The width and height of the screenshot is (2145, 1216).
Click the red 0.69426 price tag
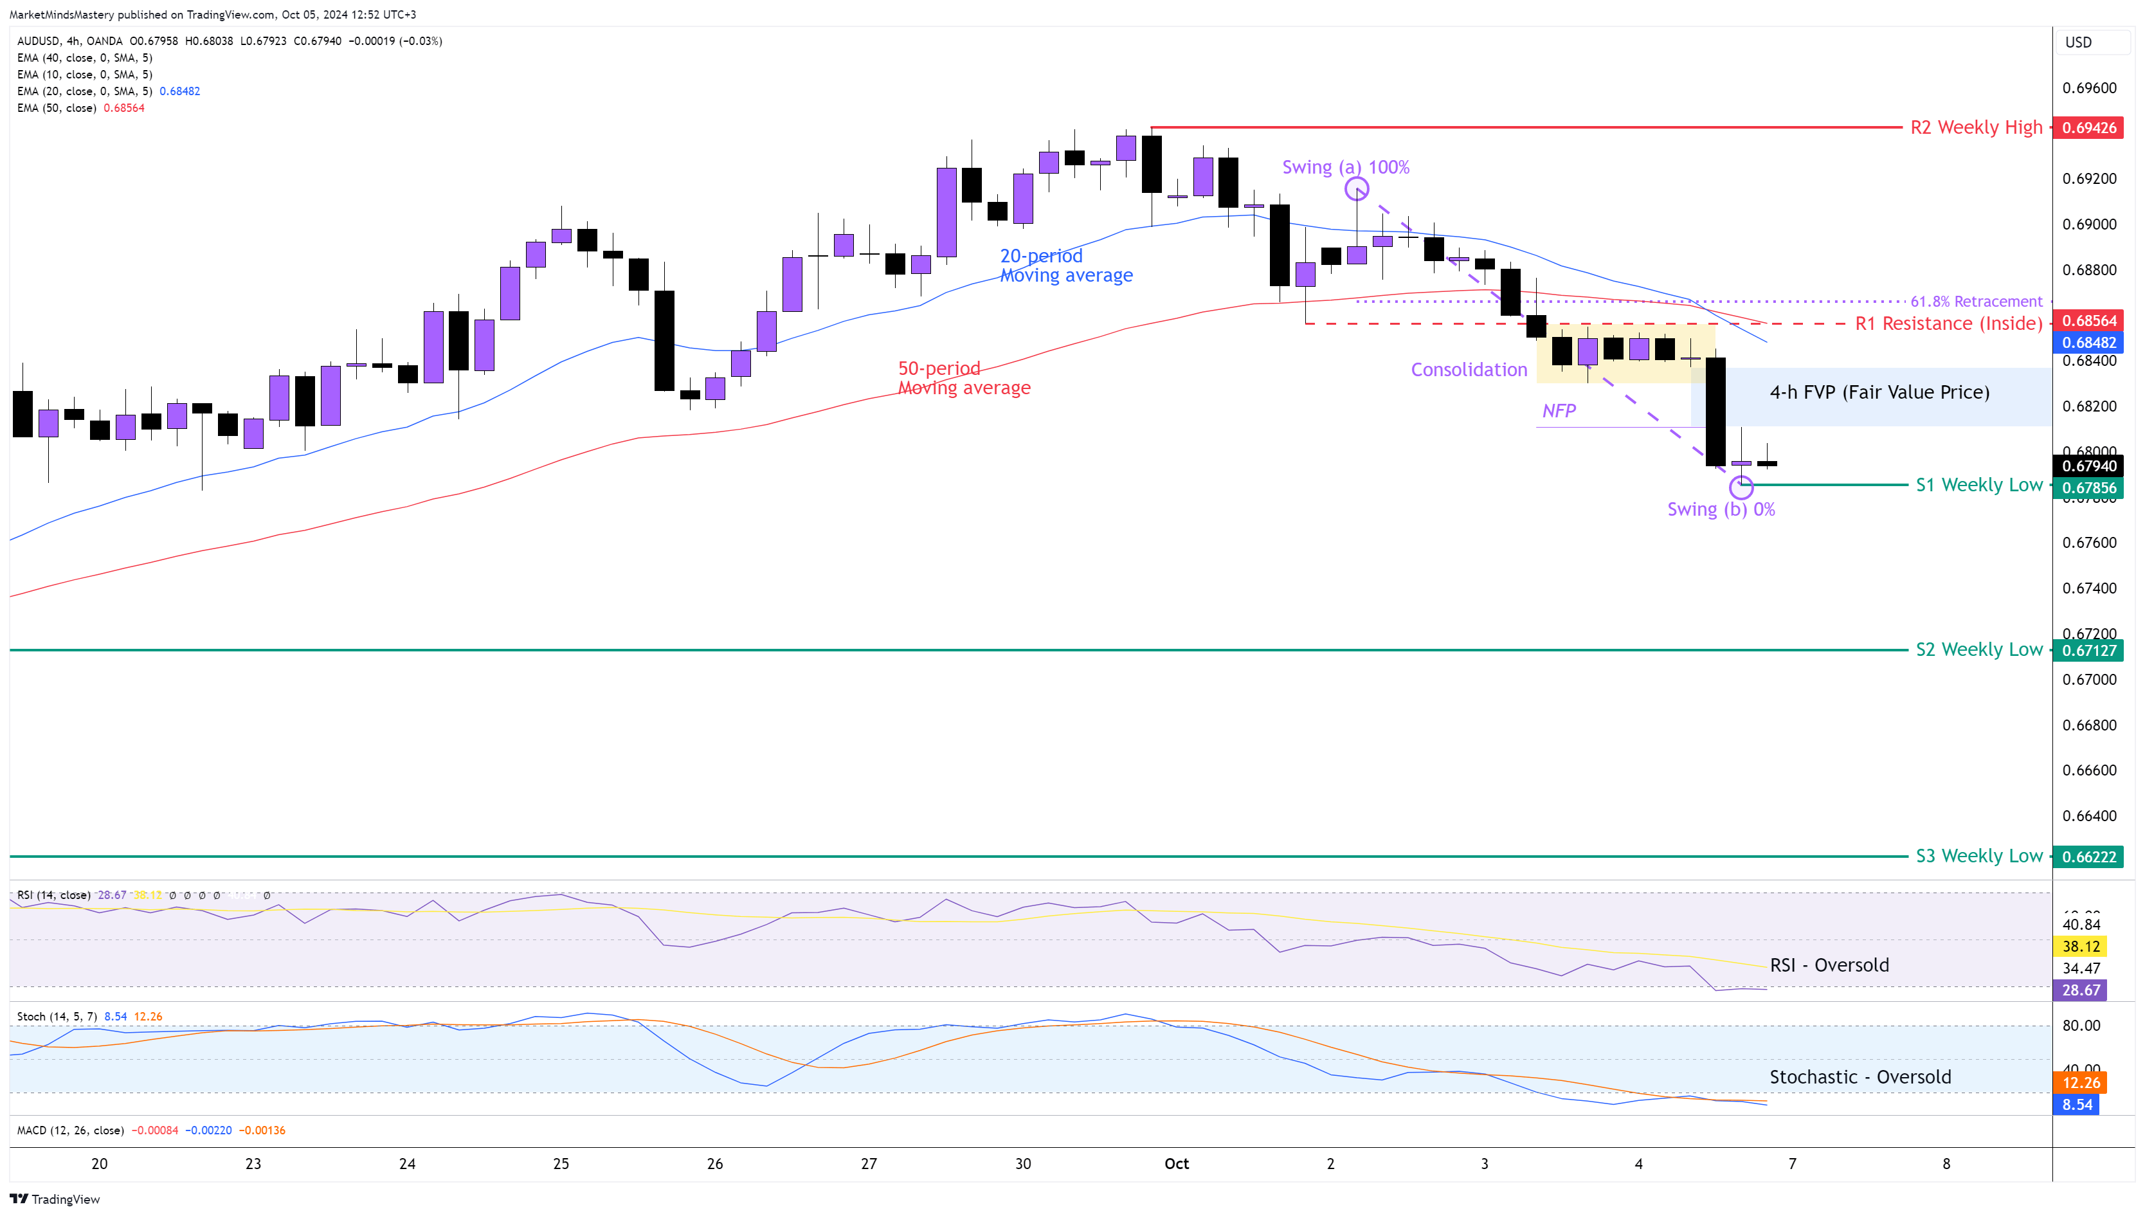(x=2088, y=128)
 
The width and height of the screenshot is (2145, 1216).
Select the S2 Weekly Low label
(x=1978, y=649)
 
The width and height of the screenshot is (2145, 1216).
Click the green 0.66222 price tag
(x=2088, y=857)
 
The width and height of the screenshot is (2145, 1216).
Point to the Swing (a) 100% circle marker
(x=1357, y=189)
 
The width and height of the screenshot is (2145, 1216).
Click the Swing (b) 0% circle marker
(x=1741, y=486)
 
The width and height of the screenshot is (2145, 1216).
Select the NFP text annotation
(x=1559, y=411)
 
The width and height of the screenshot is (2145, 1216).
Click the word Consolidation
(x=1469, y=370)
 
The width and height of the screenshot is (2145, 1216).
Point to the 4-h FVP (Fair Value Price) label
(x=1879, y=392)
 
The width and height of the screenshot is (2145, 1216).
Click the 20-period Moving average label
(x=1065, y=266)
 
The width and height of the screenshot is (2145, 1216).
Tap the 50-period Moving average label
(x=964, y=378)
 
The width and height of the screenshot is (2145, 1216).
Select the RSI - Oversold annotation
(x=1829, y=965)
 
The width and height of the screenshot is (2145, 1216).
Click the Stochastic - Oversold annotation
(x=1860, y=1077)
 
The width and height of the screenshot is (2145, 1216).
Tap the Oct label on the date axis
(x=1177, y=1164)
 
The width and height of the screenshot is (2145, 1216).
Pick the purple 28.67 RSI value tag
(x=2081, y=990)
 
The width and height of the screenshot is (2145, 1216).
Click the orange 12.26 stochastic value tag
(x=2081, y=1083)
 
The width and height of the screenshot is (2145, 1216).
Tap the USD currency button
(x=2078, y=42)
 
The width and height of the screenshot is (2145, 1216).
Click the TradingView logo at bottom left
(x=55, y=1199)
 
